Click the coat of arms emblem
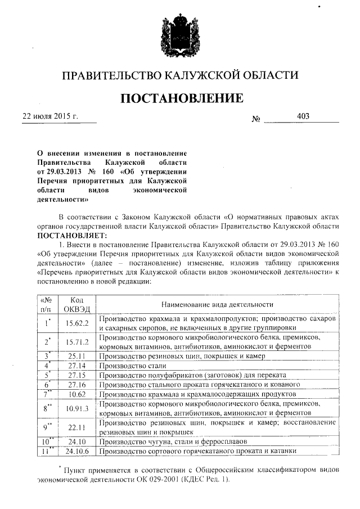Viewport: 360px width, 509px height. click(179, 35)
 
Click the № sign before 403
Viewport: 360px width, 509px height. click(256, 120)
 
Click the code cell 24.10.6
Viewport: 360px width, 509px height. click(78, 451)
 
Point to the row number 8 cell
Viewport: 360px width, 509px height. click(47, 408)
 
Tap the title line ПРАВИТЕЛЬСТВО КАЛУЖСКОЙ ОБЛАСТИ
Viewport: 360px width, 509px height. click(179, 75)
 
